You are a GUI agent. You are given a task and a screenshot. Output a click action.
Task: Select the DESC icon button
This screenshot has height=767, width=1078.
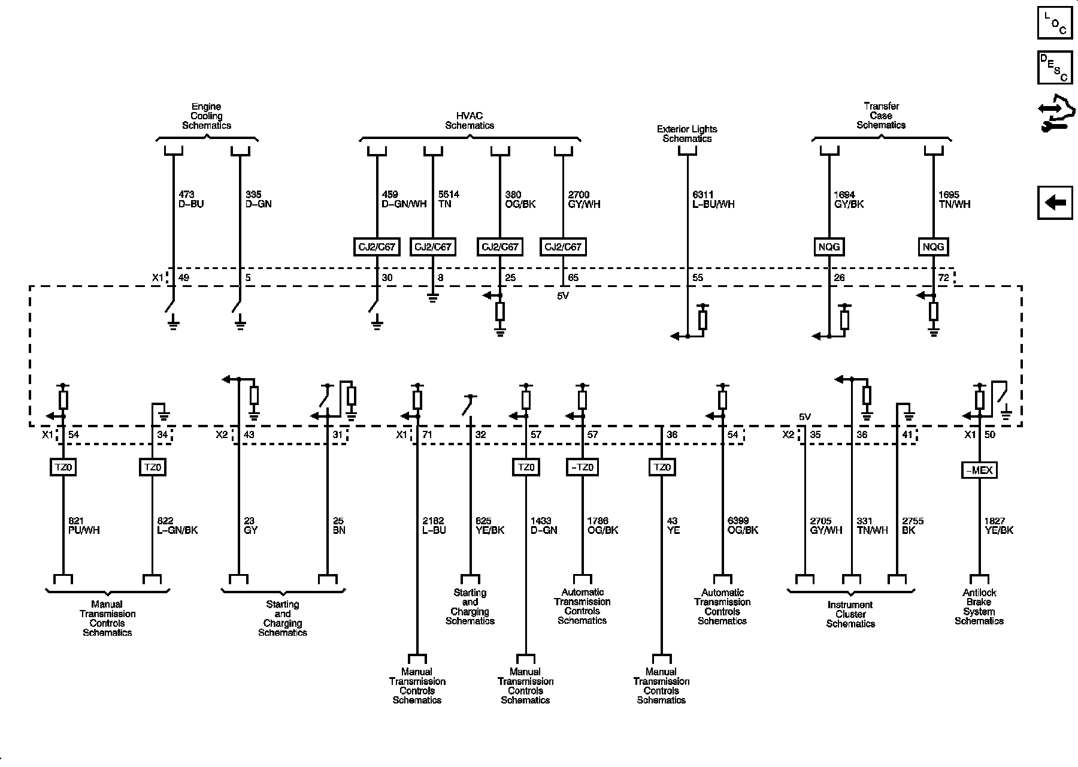tap(1055, 67)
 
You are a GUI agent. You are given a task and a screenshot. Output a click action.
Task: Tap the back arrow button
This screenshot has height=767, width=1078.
tap(1055, 203)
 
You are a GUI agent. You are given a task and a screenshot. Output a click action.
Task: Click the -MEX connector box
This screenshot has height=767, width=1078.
tap(979, 470)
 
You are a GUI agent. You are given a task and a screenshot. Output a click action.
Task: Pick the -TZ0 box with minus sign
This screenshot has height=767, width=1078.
tap(582, 467)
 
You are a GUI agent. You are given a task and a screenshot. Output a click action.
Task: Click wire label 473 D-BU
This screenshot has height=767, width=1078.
tap(191, 200)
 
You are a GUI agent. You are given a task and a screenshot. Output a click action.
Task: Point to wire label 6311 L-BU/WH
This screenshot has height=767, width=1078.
tap(713, 200)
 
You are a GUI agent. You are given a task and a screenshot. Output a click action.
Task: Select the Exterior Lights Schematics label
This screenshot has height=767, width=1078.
tap(687, 134)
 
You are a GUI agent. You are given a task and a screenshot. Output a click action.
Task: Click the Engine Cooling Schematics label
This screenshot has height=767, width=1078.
tap(207, 116)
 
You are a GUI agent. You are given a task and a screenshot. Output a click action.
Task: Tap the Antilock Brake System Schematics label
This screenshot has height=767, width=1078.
tap(979, 606)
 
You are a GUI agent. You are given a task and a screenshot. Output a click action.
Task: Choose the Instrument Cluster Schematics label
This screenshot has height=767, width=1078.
tap(850, 614)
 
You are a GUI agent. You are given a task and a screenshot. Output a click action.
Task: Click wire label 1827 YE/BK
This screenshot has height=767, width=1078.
tap(999, 526)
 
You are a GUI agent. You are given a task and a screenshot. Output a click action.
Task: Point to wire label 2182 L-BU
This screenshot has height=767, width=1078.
tap(434, 526)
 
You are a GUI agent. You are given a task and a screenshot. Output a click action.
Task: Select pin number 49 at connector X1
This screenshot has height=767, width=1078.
tap(184, 278)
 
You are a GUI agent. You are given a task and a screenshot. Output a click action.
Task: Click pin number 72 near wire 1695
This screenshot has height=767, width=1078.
tap(944, 278)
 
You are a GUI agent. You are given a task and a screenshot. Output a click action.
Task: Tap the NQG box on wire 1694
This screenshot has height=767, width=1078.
tap(829, 246)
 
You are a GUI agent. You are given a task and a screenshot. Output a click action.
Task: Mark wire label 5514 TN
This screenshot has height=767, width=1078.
tap(449, 200)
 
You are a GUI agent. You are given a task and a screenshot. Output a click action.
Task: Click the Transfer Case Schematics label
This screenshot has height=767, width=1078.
tap(881, 116)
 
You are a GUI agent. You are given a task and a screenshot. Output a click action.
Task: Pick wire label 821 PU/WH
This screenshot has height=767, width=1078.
tap(83, 526)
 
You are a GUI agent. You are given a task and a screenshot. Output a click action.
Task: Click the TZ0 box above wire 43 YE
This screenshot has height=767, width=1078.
tap(661, 467)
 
